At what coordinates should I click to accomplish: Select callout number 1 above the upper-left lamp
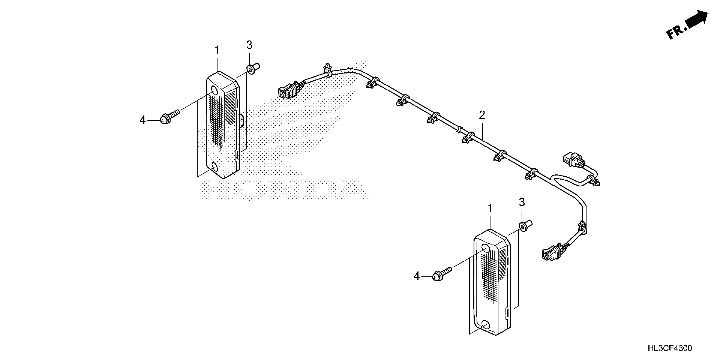(217, 50)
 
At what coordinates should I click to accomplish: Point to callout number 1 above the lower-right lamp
(490, 209)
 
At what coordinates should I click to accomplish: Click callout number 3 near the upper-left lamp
(249, 45)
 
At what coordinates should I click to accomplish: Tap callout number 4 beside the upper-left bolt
(143, 120)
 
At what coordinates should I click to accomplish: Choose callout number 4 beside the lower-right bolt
(417, 276)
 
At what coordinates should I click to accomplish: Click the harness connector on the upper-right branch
(572, 159)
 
